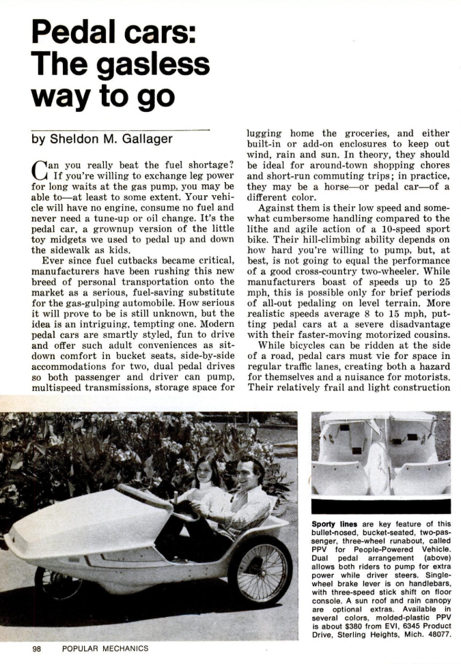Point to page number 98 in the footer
[38, 649]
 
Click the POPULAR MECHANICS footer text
[104, 649]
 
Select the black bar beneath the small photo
[380, 506]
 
